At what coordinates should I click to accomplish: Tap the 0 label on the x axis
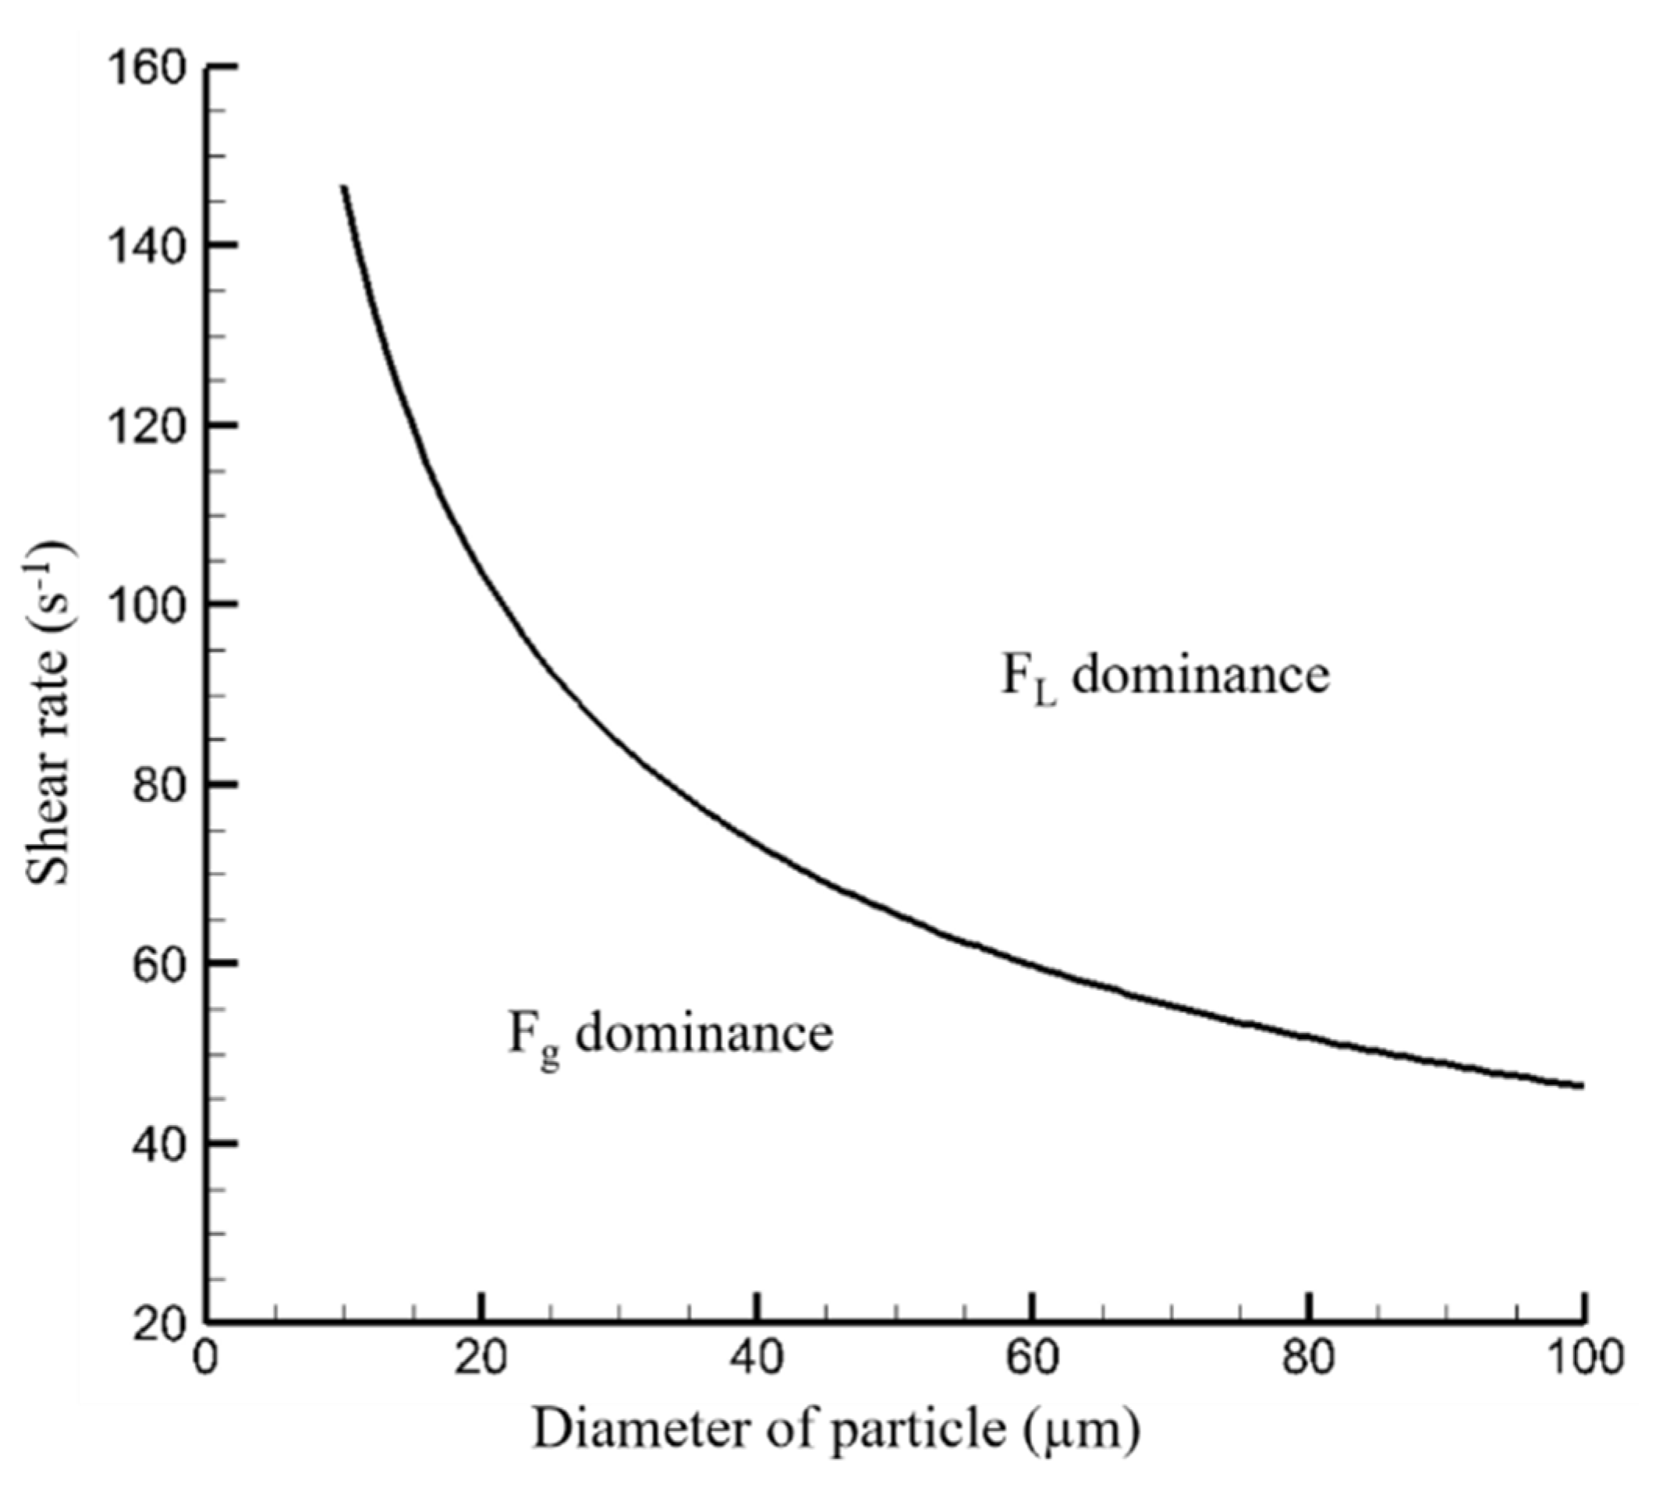[x=206, y=1357]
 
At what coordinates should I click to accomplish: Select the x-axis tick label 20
[x=482, y=1357]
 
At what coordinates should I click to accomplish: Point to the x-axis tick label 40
[x=757, y=1357]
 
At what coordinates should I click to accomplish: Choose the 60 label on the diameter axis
[x=1033, y=1357]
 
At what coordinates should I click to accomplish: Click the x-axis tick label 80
[x=1308, y=1357]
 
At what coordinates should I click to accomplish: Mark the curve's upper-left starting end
[x=344, y=187]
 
